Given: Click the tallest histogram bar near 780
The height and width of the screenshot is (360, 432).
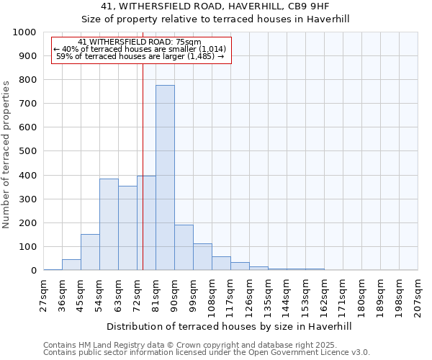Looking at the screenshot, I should click(165, 178).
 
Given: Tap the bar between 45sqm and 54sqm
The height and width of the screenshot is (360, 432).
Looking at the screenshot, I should click(90, 252).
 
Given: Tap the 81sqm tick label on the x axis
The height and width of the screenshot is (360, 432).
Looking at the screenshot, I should click(156, 295).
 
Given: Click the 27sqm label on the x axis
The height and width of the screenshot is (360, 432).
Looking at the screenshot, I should click(44, 295).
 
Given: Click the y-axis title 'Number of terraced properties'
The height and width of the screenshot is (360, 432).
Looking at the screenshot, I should click(7, 154).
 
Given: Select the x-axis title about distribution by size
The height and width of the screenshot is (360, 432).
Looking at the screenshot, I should click(228, 326).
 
